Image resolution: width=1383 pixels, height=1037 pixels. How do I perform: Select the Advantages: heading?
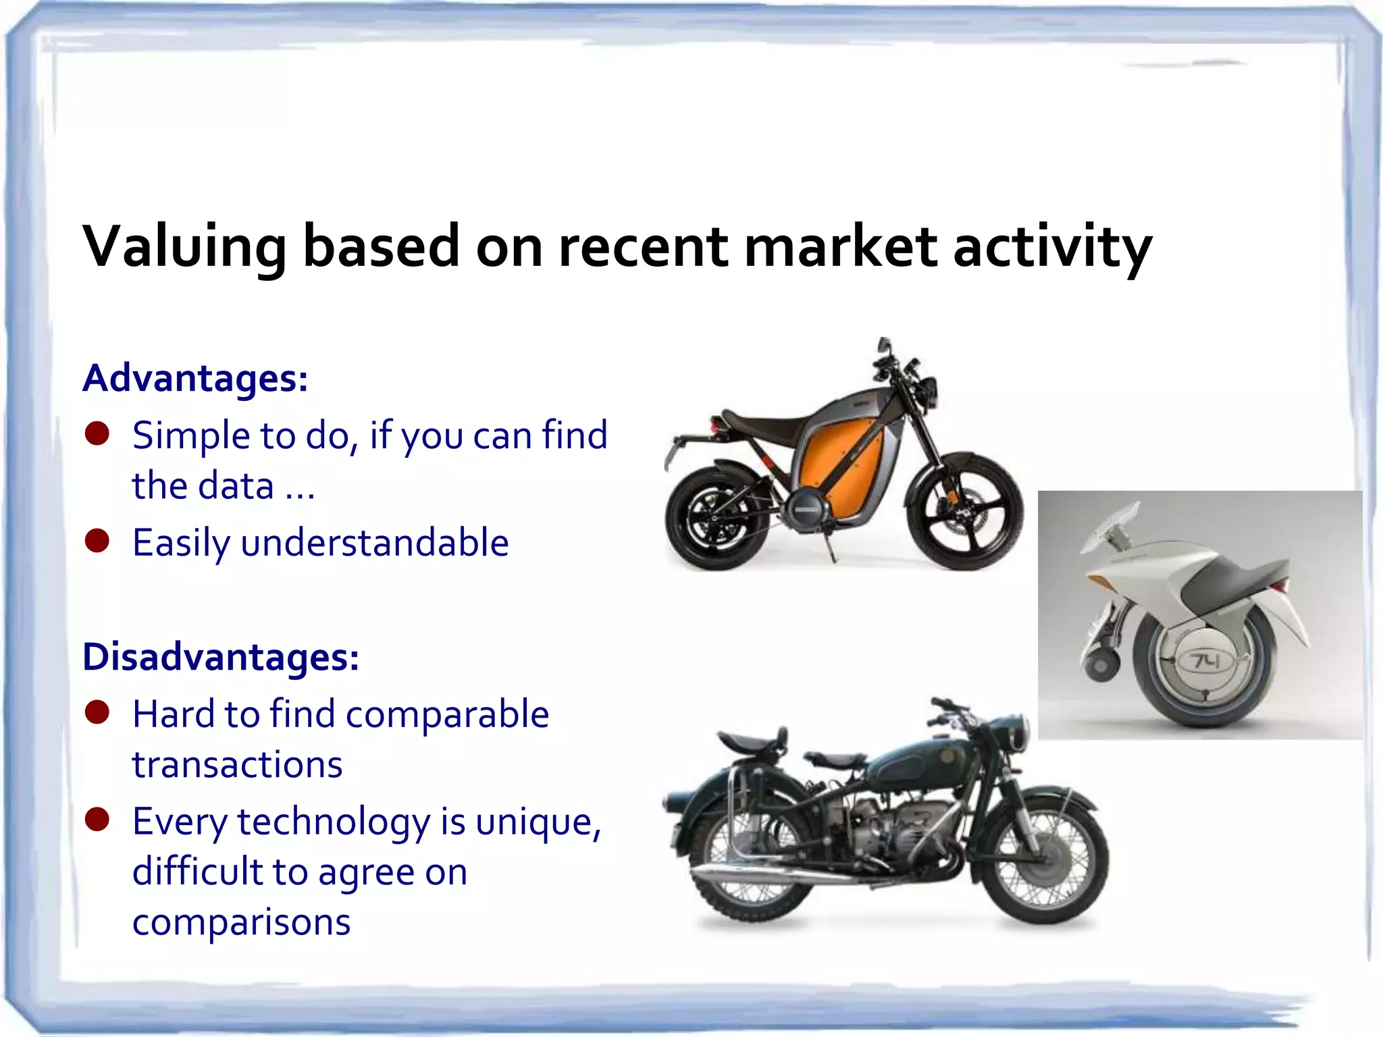pyautogui.click(x=195, y=378)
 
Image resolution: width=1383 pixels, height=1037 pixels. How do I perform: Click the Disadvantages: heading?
pyautogui.click(x=220, y=657)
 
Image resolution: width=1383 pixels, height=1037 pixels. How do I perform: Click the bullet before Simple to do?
pyautogui.click(x=97, y=434)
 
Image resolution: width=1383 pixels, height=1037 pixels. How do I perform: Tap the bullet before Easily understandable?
pyautogui.click(x=97, y=541)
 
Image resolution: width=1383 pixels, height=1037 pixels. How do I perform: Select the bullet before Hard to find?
pyautogui.click(x=97, y=712)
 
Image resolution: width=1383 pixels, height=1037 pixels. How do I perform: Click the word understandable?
pyautogui.click(x=374, y=543)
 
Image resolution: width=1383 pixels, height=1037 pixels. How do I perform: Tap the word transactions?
pyautogui.click(x=237, y=765)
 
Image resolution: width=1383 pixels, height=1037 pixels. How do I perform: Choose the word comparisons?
pyautogui.click(x=241, y=923)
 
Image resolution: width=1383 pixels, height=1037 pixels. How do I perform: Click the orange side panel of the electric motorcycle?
pyautogui.click(x=841, y=466)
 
